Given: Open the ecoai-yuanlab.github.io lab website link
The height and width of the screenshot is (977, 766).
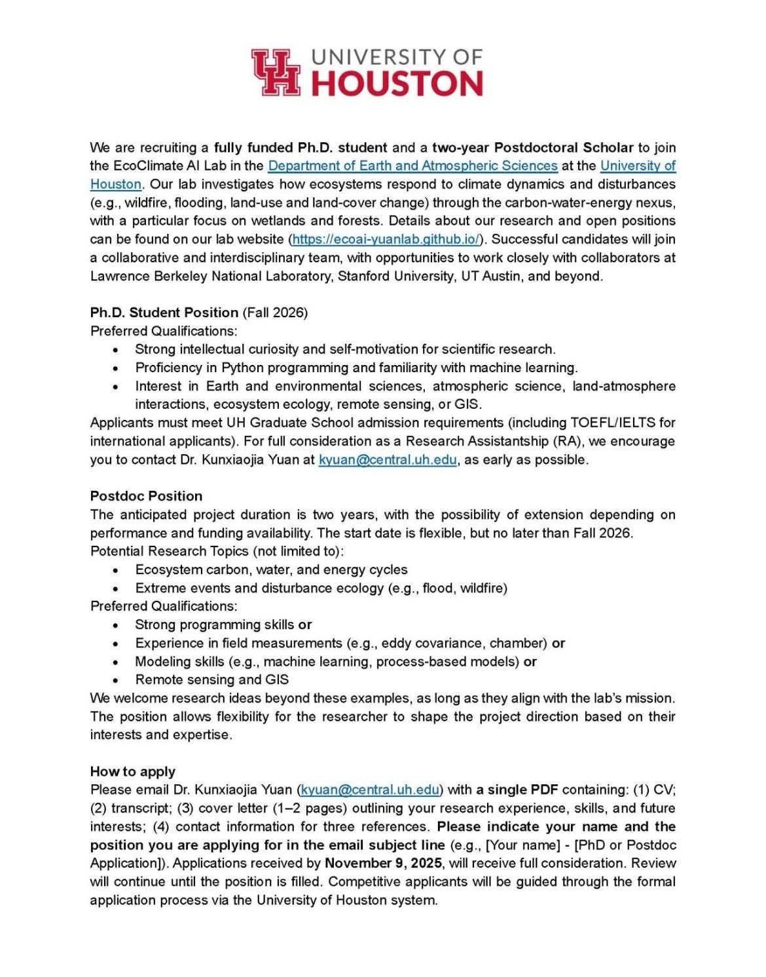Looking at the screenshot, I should pos(386,239).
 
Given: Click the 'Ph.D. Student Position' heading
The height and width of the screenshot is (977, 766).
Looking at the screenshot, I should pos(164,313).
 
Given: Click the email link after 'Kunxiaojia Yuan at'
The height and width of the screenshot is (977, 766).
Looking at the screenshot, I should pos(388,460).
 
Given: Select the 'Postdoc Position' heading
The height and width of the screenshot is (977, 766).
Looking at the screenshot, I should pos(146,496).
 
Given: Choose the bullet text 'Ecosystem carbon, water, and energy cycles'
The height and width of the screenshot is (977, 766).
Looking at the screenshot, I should pos(271,569).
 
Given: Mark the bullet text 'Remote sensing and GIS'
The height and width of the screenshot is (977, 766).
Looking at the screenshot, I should pos(211,680).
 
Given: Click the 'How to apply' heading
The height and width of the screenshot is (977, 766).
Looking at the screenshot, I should pos(132,771).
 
